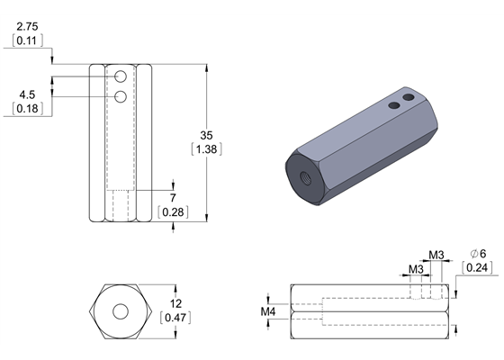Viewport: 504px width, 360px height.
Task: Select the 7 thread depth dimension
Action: tap(173, 197)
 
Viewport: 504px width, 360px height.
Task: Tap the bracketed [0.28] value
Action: tap(173, 211)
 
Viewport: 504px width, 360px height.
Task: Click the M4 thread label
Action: tap(268, 311)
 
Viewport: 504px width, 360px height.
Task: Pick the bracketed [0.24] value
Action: tap(477, 267)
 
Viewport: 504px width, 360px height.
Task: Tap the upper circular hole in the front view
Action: tap(121, 79)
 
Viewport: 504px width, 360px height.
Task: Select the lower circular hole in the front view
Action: tap(121, 96)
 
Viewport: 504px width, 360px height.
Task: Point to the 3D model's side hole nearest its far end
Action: tap(409, 95)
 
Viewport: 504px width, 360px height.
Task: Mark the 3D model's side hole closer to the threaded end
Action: tap(393, 105)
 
